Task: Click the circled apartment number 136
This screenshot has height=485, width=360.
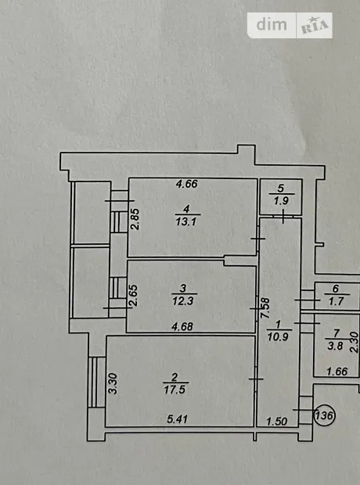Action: [325, 415]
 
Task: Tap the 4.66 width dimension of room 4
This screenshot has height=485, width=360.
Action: [187, 184]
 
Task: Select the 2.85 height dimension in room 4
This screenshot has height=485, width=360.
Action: [135, 219]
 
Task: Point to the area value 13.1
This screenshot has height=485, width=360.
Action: [185, 221]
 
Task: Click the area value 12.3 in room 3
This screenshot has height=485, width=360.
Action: [183, 300]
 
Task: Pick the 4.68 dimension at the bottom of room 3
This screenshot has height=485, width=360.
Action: [182, 326]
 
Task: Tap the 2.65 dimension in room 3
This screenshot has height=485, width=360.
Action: [133, 296]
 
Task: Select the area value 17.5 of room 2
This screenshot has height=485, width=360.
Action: [175, 390]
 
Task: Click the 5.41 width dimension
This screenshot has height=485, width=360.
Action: [178, 419]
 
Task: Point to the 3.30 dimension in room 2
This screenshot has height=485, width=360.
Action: [113, 383]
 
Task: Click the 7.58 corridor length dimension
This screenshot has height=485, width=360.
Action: [265, 308]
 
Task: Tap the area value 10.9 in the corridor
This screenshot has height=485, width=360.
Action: [278, 336]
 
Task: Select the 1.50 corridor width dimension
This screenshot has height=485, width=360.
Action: [277, 422]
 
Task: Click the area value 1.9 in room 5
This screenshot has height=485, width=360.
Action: [281, 201]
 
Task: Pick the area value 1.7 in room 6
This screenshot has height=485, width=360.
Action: [337, 301]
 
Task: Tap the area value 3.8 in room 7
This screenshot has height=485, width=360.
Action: [335, 346]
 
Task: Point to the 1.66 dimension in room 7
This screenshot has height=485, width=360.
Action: [337, 371]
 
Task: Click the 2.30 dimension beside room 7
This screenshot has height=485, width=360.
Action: [354, 342]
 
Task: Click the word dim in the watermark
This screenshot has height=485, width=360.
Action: [272, 24]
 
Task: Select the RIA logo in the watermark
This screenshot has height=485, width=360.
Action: [315, 25]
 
